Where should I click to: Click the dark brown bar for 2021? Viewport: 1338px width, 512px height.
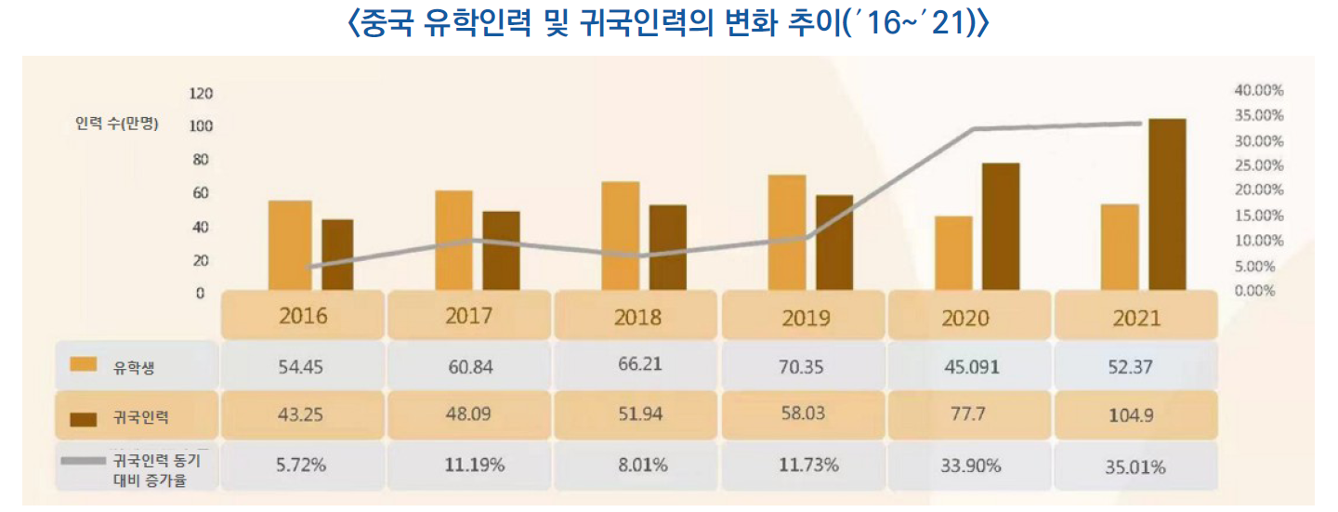1167,203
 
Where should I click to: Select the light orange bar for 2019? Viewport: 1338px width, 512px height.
787,232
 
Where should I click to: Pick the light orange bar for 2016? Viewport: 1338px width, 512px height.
290,245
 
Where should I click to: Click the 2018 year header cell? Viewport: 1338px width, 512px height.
637,316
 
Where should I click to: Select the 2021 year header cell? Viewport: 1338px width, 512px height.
1136,317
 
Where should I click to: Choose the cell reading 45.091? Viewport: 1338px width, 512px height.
972,367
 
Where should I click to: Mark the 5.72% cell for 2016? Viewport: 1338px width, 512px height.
302,466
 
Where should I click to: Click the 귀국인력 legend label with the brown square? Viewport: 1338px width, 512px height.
140,418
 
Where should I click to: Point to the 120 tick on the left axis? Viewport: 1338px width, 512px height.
201,94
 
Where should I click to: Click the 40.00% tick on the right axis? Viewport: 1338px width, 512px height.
1258,90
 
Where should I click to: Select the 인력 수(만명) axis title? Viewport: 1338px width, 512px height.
117,125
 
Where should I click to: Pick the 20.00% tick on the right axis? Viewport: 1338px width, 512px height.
1258,190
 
